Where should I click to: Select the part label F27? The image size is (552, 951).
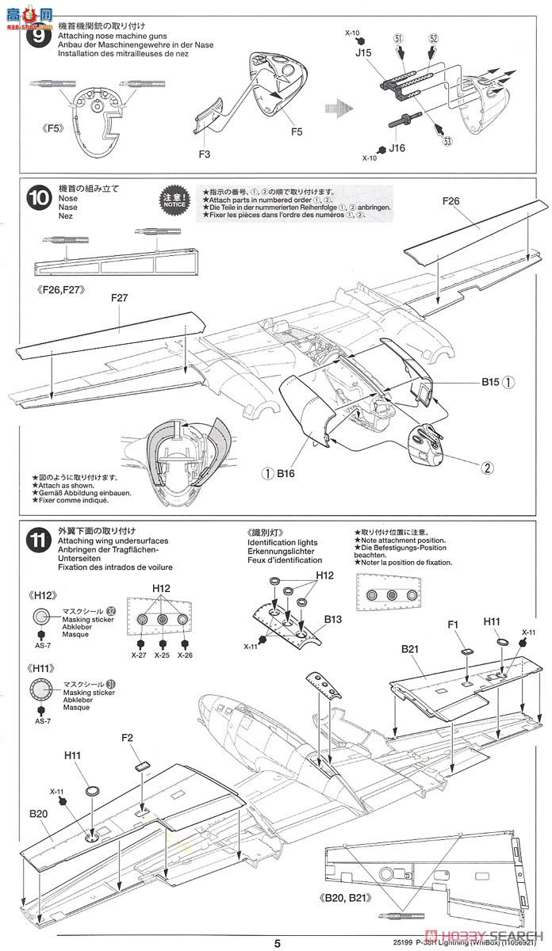point(121,299)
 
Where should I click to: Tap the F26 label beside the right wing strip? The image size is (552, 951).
point(450,201)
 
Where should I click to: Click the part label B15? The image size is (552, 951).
point(490,381)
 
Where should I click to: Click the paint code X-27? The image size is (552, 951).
point(140,655)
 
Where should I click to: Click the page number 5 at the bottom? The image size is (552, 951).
point(277,943)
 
